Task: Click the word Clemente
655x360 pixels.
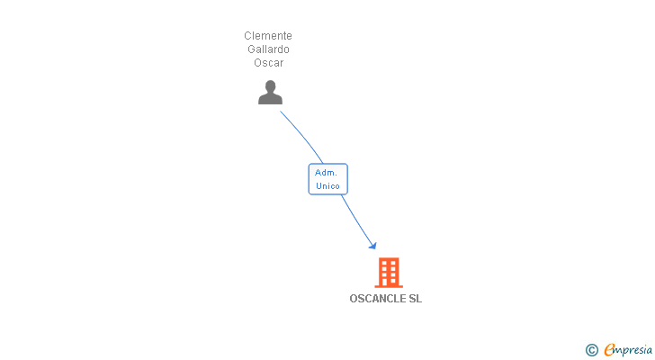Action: [268, 36]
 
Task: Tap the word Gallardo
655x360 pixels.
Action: [268, 49]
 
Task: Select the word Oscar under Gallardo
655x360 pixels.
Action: [269, 63]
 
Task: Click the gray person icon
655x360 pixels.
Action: [270, 93]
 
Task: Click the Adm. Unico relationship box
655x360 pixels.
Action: [327, 179]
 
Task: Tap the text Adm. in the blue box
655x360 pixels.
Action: [326, 173]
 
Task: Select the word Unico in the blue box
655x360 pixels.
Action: [327, 185]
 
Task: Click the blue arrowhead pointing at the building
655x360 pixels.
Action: [373, 246]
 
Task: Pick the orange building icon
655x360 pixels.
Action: [389, 273]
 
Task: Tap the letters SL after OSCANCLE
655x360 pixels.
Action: [416, 299]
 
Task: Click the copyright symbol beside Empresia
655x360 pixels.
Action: [591, 350]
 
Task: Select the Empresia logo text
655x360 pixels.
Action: [628, 350]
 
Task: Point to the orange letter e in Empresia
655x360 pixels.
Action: [609, 349]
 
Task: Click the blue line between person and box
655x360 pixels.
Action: [302, 135]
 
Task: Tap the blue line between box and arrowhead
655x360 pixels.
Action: [356, 220]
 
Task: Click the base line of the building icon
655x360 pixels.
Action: [389, 287]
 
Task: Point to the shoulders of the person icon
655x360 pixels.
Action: [270, 99]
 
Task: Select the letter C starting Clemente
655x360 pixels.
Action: [247, 36]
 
